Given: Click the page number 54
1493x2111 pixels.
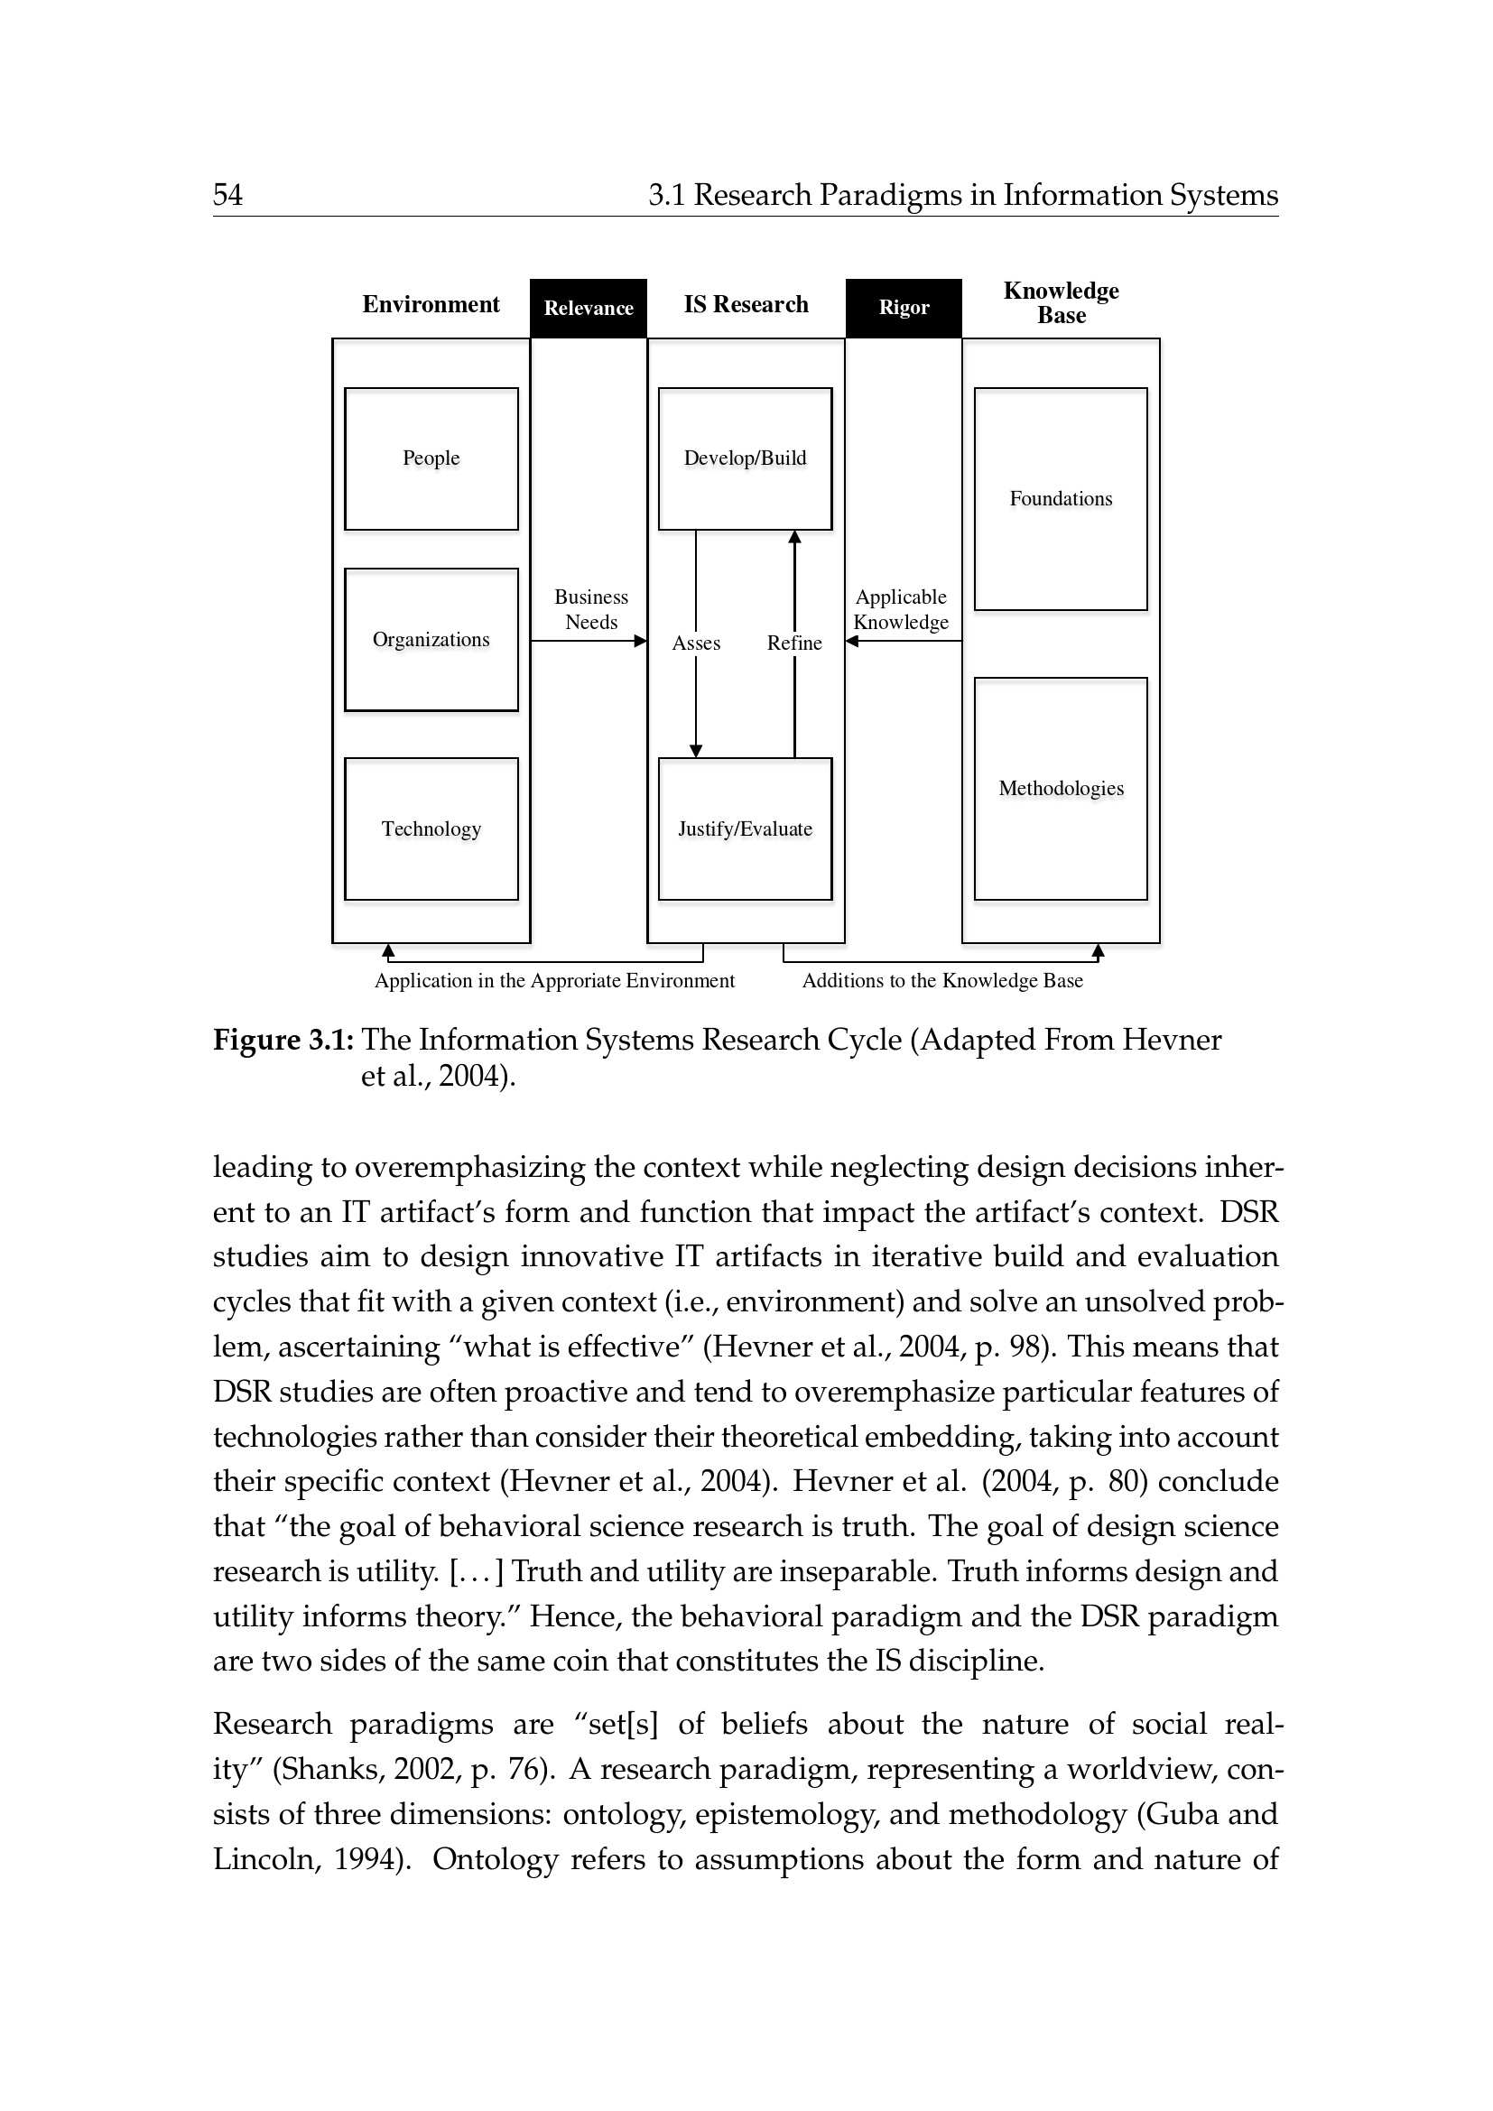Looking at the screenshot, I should (x=228, y=195).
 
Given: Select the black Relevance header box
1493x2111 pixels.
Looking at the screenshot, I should (x=589, y=308).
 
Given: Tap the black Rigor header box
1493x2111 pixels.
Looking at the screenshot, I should (x=904, y=308).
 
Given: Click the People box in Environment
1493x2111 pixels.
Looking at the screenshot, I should (x=431, y=458).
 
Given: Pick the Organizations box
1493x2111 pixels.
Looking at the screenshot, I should (x=431, y=640).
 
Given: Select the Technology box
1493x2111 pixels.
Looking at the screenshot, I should (x=431, y=829).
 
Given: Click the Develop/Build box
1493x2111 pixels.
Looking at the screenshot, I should (x=745, y=458).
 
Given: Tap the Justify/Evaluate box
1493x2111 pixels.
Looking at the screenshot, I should (x=745, y=829).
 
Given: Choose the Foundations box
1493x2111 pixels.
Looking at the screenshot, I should (x=1061, y=499).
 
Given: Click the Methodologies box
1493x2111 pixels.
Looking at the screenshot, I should (x=1061, y=789).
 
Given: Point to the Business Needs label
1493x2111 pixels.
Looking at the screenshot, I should (x=591, y=609).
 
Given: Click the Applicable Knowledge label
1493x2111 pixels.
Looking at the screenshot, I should (x=901, y=609).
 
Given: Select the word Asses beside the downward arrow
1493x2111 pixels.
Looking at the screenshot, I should (x=696, y=643).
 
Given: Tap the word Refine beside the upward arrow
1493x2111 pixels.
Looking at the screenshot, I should (x=794, y=643).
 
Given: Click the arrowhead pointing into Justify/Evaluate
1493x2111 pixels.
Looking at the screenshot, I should (x=696, y=751).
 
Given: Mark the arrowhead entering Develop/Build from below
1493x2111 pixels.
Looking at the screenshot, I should (x=794, y=537).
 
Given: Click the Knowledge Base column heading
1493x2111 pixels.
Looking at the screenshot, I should (x=1061, y=303).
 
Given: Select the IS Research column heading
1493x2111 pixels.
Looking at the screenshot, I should (x=746, y=304).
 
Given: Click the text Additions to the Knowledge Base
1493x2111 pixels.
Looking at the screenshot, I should (x=942, y=981).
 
